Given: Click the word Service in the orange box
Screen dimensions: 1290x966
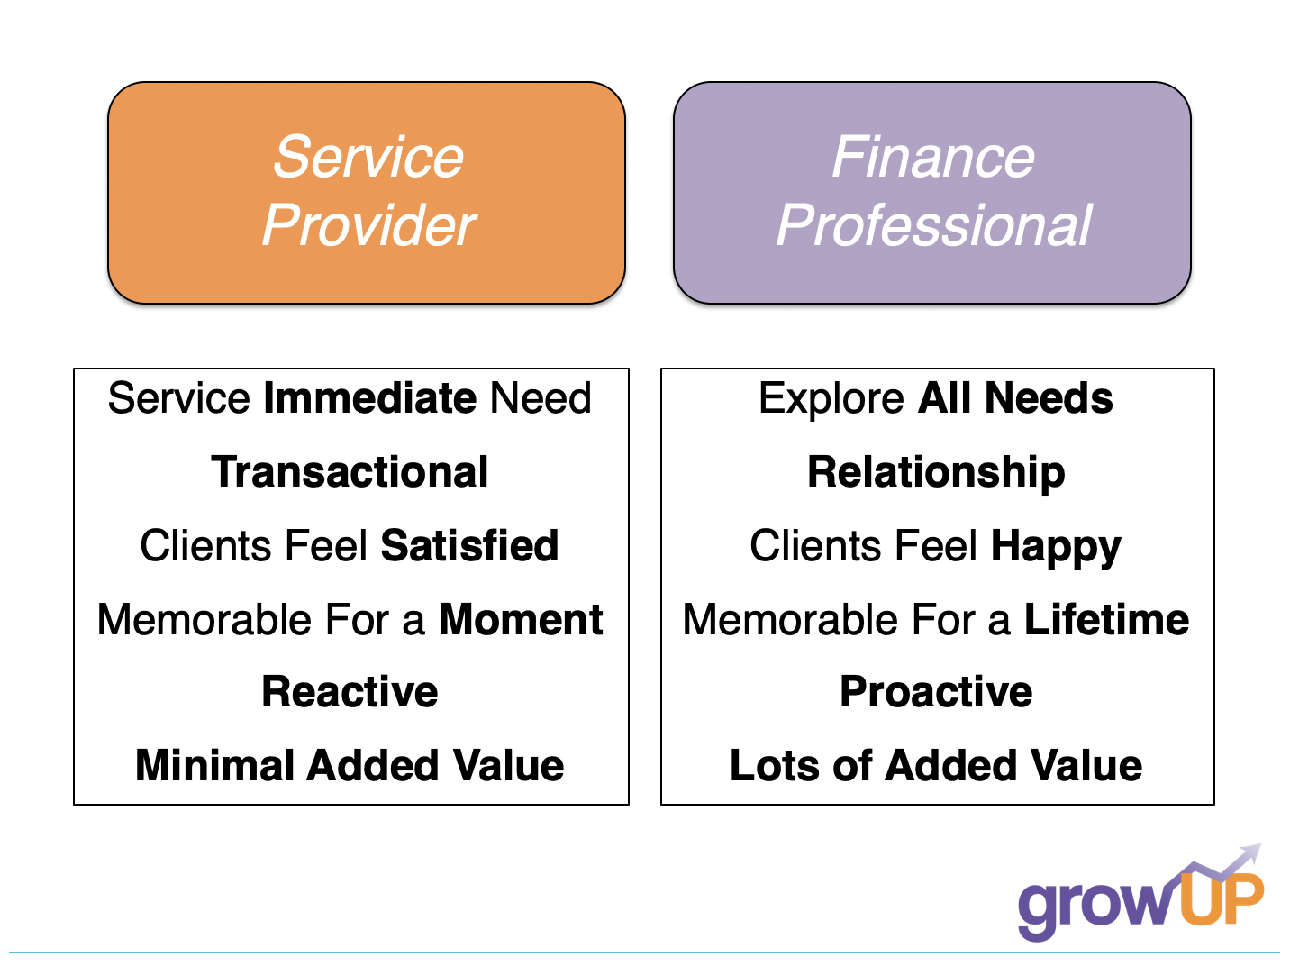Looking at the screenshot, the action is click(368, 157).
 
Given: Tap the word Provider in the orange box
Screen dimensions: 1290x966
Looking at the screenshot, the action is click(368, 225).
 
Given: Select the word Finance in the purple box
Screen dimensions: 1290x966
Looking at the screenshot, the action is click(932, 157).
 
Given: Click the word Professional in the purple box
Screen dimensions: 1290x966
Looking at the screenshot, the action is click(934, 225).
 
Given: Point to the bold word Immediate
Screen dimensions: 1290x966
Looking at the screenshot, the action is click(370, 398).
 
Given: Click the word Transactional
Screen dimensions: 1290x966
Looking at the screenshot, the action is click(350, 472).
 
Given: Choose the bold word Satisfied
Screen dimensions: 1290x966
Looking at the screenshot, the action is click(469, 545).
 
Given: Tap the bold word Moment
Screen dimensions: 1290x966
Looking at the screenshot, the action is click(521, 619).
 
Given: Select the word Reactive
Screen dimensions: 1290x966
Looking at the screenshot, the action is click(350, 691).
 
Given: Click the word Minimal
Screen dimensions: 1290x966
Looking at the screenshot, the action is click(214, 766).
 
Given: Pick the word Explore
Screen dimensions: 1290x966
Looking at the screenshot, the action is click(831, 399).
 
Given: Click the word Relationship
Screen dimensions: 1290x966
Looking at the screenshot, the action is click(936, 473).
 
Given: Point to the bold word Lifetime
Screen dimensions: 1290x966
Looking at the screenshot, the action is click(1106, 619).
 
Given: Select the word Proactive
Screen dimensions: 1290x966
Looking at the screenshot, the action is click(936, 691).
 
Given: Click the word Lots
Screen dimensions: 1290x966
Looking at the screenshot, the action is click(775, 766).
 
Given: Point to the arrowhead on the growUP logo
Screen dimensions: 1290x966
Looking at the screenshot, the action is click(1251, 852).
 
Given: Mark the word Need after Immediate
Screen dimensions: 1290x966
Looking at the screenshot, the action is click(541, 398).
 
